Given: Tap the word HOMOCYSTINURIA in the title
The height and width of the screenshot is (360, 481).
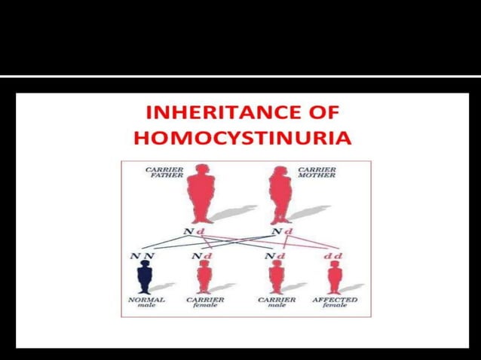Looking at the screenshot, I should click(x=241, y=138).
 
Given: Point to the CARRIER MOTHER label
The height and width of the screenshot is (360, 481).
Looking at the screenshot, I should click(x=317, y=173).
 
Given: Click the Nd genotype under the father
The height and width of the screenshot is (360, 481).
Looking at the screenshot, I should click(x=195, y=231).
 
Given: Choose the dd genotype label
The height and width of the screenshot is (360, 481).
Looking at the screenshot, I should click(x=334, y=256).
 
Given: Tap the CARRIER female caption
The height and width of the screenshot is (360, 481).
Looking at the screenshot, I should click(x=204, y=303).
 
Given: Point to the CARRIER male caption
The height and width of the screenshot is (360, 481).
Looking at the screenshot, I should click(x=277, y=303).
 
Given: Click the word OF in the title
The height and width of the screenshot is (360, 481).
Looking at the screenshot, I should click(x=323, y=113).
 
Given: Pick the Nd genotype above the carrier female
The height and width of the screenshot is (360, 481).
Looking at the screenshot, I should click(x=201, y=256).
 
